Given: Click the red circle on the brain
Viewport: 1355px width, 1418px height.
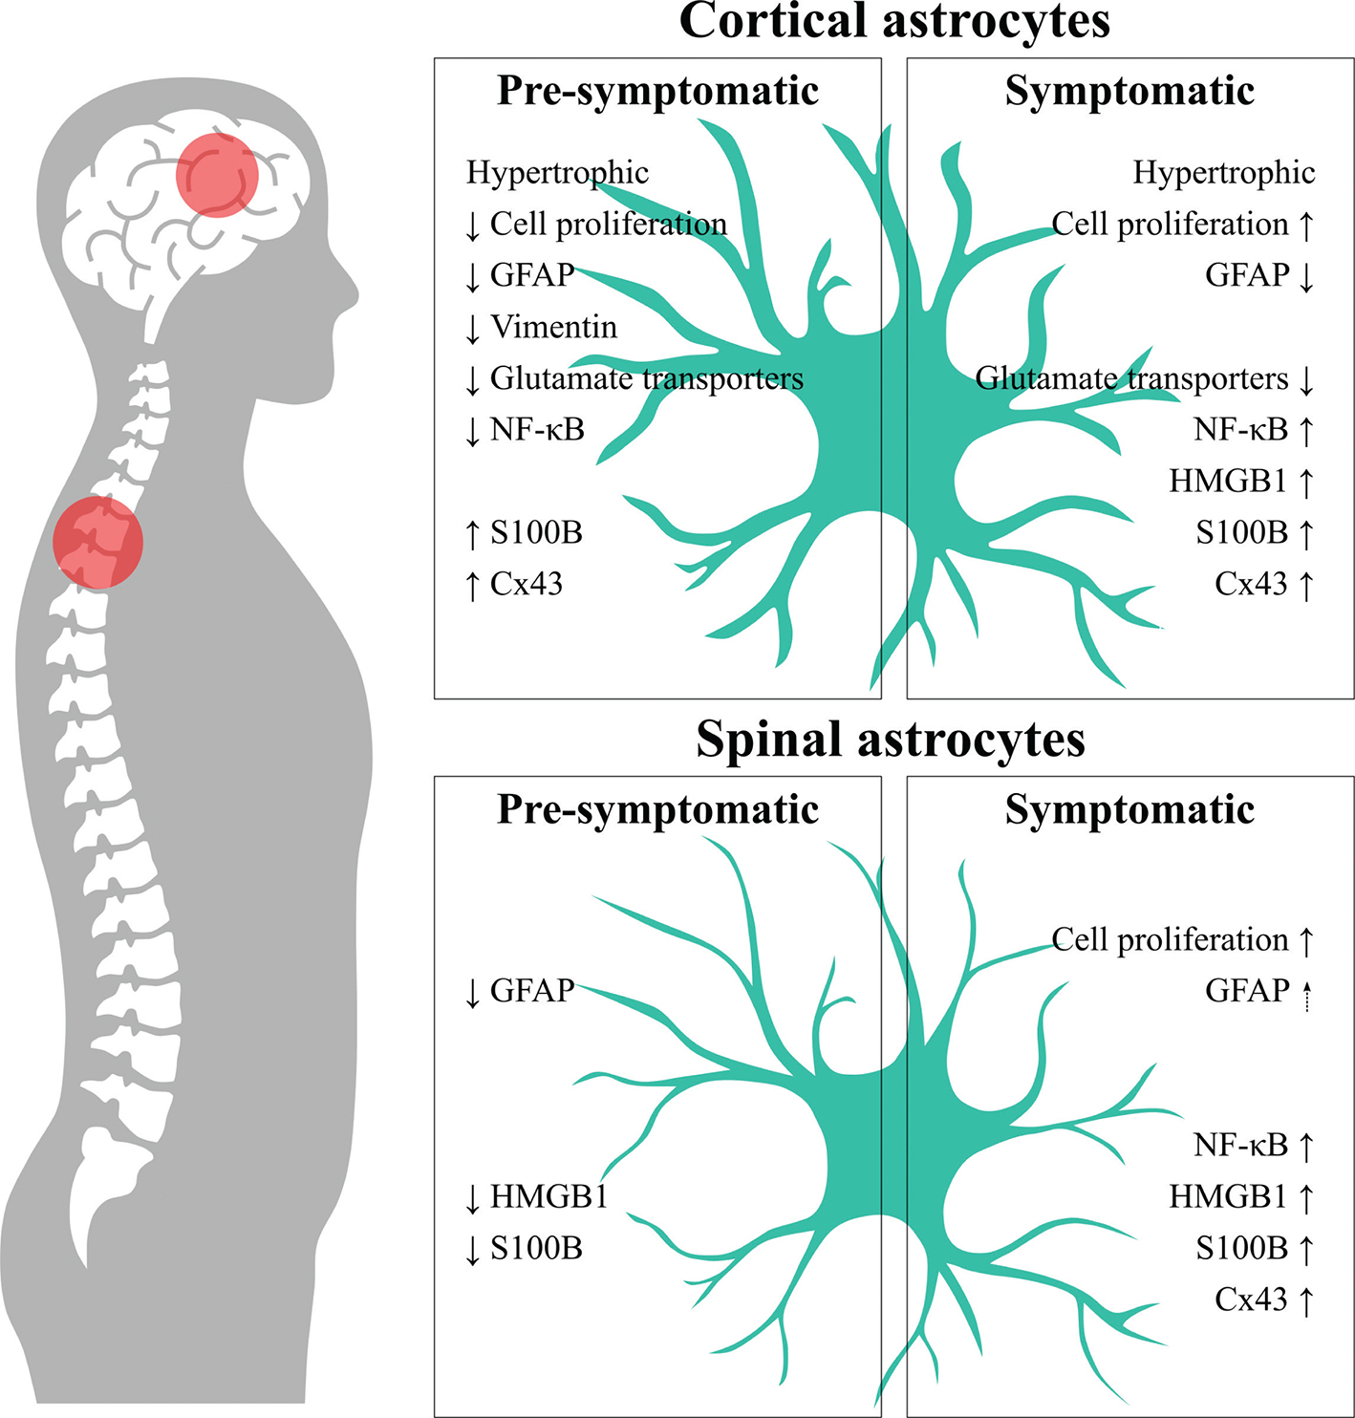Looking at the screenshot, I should tap(217, 176).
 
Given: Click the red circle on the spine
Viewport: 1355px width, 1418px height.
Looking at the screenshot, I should tap(97, 542).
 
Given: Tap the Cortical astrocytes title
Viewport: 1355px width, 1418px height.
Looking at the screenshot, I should tap(894, 21).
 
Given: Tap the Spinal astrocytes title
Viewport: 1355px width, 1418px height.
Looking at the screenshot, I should tap(890, 739).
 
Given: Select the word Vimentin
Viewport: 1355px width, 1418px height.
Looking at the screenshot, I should tap(553, 327).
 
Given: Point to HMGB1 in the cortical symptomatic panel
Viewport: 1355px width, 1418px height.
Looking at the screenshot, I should tap(1228, 481).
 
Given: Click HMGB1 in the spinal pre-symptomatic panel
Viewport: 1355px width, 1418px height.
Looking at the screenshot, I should tap(548, 1196).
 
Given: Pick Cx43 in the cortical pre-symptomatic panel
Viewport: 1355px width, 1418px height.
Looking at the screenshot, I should tap(526, 584).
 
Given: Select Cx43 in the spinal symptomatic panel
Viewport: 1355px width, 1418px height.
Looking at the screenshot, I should tap(1251, 1300).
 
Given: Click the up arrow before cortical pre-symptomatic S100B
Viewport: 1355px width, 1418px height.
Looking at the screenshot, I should tap(472, 533).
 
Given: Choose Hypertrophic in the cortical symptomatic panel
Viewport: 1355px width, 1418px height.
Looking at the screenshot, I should tap(1223, 172).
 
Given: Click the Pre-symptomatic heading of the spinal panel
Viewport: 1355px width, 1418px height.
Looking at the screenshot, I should tap(657, 809).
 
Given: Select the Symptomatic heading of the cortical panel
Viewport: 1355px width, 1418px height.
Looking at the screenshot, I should tap(1129, 91).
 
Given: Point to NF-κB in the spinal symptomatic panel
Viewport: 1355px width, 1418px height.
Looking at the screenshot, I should tap(1240, 1145).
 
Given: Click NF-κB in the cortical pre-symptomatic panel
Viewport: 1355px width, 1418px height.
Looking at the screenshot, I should tap(537, 430).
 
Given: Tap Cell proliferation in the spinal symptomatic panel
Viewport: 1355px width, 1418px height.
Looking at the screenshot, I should tap(1170, 940).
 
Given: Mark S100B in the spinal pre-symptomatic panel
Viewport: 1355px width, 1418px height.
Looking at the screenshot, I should tap(536, 1248).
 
